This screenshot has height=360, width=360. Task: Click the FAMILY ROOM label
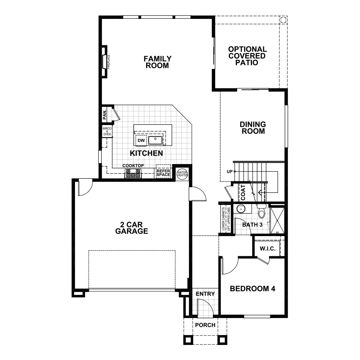(x=157, y=62)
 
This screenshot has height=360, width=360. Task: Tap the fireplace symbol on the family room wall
(x=104, y=62)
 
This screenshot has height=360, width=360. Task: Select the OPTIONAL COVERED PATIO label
(x=247, y=56)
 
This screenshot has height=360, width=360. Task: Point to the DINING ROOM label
(x=253, y=127)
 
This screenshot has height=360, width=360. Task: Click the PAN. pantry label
(x=105, y=114)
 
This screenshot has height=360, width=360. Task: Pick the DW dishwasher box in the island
(x=141, y=140)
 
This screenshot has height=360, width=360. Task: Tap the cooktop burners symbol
(x=133, y=173)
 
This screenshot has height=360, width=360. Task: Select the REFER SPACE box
(x=163, y=172)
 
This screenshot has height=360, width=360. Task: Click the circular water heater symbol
(x=182, y=174)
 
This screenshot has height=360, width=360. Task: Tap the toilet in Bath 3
(x=262, y=212)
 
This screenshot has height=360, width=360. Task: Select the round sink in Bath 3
(x=240, y=208)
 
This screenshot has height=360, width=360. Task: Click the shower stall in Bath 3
(x=277, y=220)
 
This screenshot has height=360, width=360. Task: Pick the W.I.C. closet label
(x=266, y=249)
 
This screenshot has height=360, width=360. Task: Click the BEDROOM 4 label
(x=253, y=289)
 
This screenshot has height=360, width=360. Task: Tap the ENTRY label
(x=205, y=294)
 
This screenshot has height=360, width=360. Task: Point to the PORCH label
(x=205, y=325)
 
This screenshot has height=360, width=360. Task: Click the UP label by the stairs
(x=230, y=172)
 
